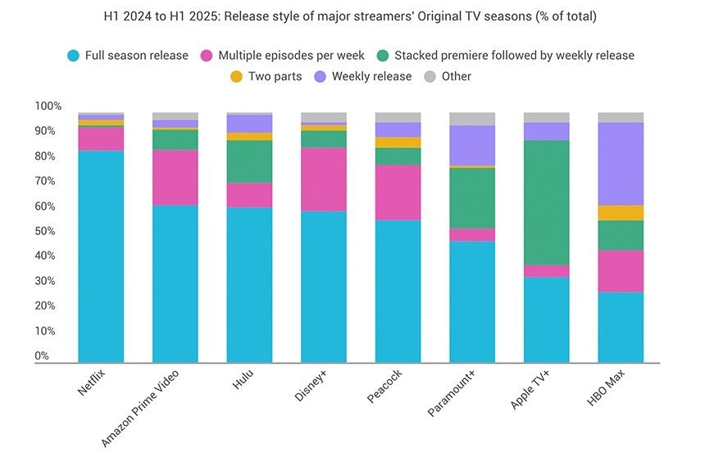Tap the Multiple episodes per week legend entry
(x=289, y=56)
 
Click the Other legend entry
(x=455, y=76)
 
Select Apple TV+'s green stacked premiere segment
(x=546, y=202)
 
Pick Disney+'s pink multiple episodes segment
(x=324, y=179)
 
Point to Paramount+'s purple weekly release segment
(x=472, y=145)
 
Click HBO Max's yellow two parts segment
(x=621, y=212)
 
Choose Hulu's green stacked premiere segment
(x=249, y=161)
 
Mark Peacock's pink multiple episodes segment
(x=398, y=192)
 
